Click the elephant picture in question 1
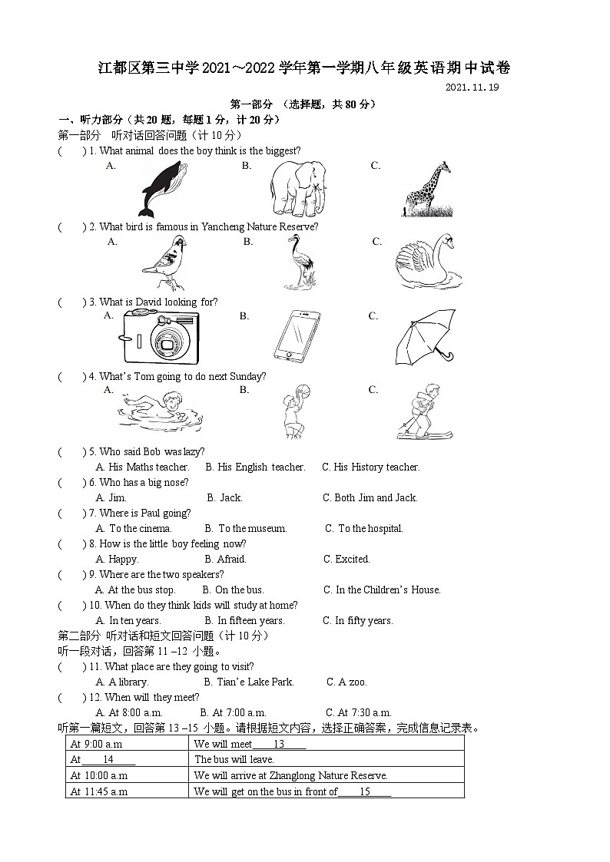click(297, 189)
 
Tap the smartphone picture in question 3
click(296, 337)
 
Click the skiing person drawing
click(421, 411)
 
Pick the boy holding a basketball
click(294, 411)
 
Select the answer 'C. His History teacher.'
click(370, 467)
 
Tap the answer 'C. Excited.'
click(346, 559)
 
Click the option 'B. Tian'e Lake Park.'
click(248, 682)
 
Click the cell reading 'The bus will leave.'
click(234, 759)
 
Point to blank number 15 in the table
click(365, 791)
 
